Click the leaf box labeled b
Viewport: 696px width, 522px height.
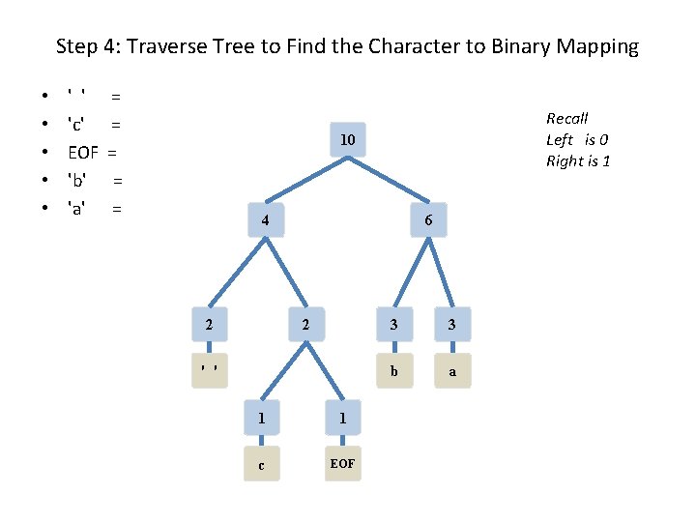tap(393, 369)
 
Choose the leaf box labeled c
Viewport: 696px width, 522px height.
tap(261, 464)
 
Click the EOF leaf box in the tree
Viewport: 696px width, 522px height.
tap(342, 464)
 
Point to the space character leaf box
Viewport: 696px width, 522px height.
tap(209, 369)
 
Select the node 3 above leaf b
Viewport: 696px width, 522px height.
tap(393, 325)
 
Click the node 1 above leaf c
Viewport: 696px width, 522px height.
tap(261, 418)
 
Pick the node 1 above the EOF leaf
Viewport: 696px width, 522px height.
tap(342, 418)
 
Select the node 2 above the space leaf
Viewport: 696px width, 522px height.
tap(209, 325)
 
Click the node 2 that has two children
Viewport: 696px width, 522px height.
tap(305, 325)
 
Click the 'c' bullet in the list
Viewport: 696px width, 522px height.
tap(80, 124)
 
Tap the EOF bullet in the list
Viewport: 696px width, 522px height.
tap(83, 152)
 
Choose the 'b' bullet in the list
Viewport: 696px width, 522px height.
tap(80, 180)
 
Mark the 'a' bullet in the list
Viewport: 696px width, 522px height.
tap(80, 208)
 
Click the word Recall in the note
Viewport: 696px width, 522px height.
tap(567, 118)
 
